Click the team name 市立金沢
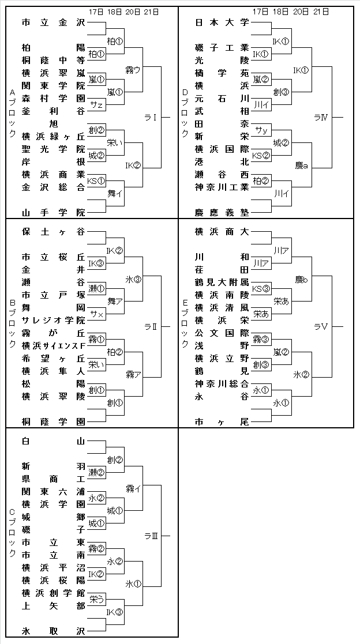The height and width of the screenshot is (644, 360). [x=53, y=23]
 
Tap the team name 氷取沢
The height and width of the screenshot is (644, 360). [x=53, y=631]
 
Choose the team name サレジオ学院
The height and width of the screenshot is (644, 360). [x=53, y=320]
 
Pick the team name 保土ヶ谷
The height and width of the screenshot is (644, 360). [x=53, y=232]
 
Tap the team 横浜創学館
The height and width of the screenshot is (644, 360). [x=53, y=593]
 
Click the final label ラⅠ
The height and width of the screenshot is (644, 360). [x=151, y=118]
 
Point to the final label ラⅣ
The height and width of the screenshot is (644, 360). [x=321, y=118]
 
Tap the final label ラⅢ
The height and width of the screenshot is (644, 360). [x=151, y=536]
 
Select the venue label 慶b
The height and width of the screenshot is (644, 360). [x=301, y=279]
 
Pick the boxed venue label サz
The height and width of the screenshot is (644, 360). [x=96, y=105]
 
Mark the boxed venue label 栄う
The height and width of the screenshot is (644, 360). [x=96, y=600]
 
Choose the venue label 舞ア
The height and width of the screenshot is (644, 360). [x=115, y=301]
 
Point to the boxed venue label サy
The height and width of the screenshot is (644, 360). [x=261, y=130]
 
